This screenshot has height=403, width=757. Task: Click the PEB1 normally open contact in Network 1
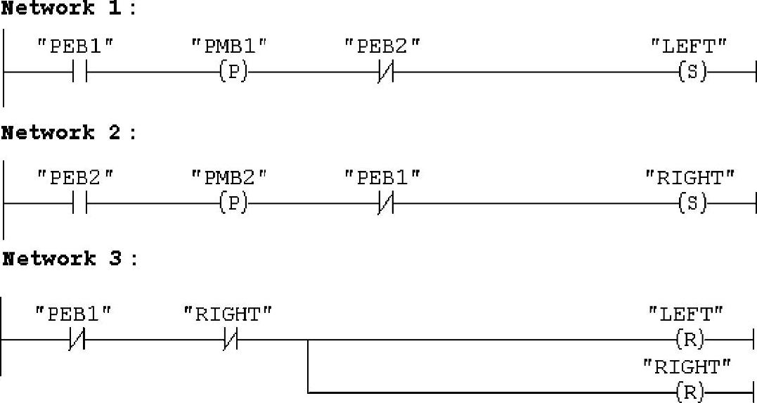tap(79, 72)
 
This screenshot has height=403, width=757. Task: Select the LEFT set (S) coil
tap(692, 72)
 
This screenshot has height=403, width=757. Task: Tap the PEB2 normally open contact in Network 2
tap(79, 204)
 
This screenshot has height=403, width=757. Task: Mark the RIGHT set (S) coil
tap(692, 204)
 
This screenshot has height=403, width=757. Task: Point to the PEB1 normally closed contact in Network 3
tap(77, 341)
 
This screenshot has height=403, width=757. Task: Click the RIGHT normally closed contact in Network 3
tap(231, 341)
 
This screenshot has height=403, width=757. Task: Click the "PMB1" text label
tap(230, 46)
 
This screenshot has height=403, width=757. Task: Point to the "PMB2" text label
tap(230, 179)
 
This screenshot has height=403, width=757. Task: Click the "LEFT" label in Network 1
tap(688, 46)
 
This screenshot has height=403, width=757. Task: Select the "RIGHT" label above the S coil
tap(690, 179)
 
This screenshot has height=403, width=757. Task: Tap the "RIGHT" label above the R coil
tap(687, 367)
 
